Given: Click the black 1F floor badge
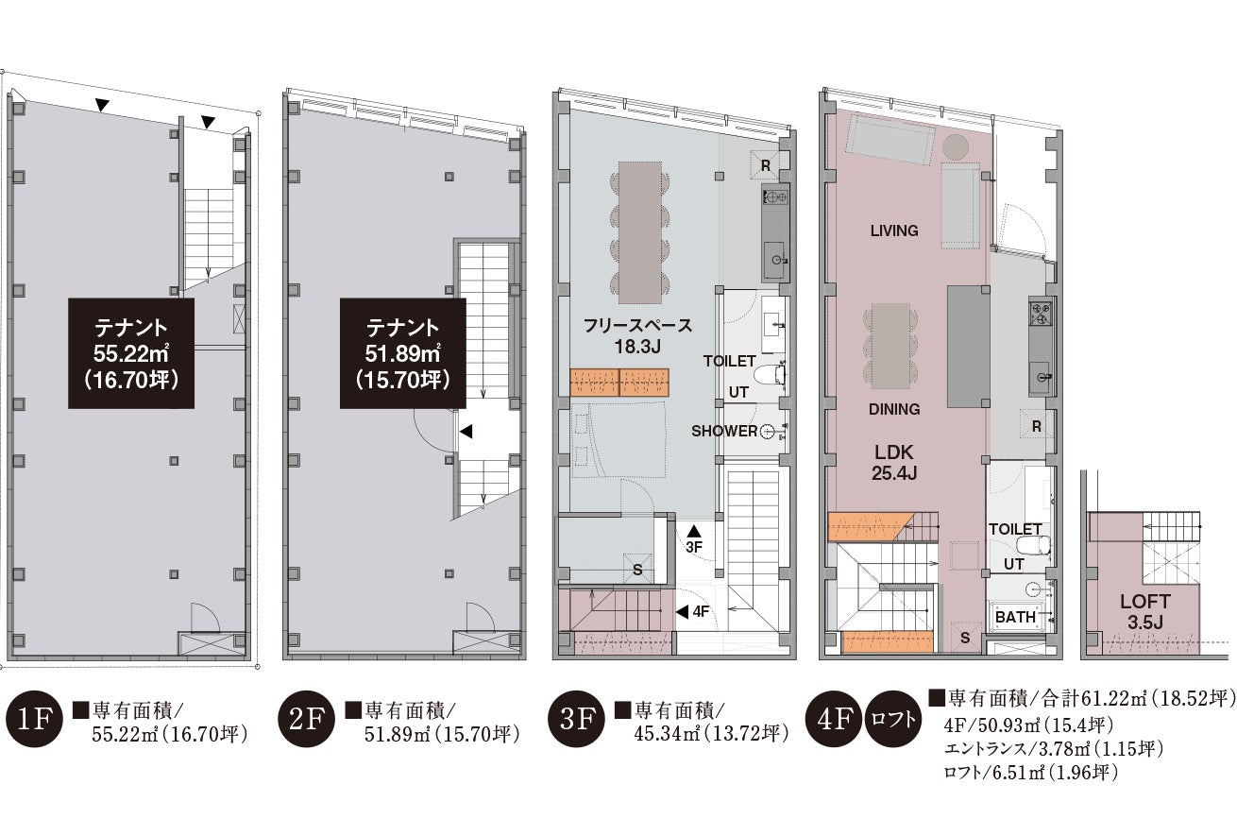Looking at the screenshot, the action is [34, 719].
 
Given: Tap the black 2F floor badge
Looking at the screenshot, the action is [306, 719].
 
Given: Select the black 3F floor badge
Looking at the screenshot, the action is [576, 719].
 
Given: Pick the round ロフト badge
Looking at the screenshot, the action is [893, 719].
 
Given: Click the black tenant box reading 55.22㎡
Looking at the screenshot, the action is [131, 353].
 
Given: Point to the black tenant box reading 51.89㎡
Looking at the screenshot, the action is [402, 353].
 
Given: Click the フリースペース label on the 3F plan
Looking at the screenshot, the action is [637, 326].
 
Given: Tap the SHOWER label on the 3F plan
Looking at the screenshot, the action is [724, 431].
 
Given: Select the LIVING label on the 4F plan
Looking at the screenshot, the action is [894, 230].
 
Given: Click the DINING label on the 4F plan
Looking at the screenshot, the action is [894, 409].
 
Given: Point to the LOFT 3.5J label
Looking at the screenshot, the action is [1145, 612].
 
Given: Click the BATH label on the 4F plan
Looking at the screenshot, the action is [1015, 617].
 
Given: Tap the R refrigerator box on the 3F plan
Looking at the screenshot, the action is [765, 165].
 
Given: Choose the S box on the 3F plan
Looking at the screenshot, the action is [637, 569].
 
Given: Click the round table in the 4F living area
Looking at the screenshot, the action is [955, 148].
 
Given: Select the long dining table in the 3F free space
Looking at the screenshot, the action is [640, 232].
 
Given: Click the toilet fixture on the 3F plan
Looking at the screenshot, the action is [770, 375].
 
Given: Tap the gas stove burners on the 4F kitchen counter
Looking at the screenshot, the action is [1041, 314].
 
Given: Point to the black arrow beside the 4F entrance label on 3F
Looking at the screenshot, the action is [683, 612].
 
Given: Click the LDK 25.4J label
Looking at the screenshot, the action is [894, 463].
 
